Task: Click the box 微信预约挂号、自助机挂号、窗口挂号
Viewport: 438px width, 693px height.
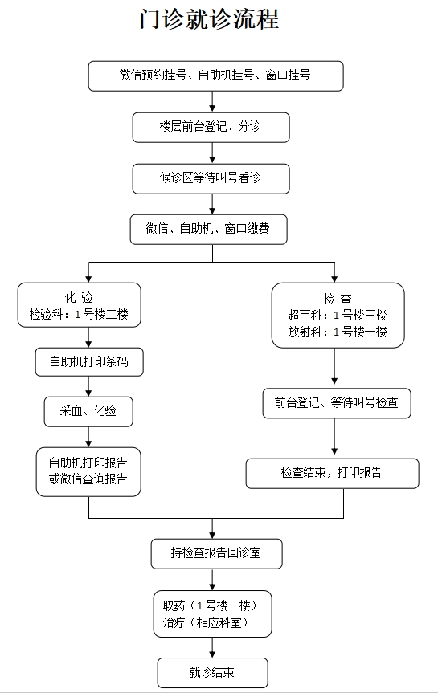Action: pos(215,75)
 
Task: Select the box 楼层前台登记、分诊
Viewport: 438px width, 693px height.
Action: pos(211,126)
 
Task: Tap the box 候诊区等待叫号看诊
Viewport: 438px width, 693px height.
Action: pos(211,177)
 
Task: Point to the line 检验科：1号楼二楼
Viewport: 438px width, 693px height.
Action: pos(79,314)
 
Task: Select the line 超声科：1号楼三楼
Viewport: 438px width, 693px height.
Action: pos(338,315)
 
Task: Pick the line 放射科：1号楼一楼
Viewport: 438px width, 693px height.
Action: pos(338,332)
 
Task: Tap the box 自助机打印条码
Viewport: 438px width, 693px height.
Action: pos(88,363)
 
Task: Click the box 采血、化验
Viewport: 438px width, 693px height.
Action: pos(88,411)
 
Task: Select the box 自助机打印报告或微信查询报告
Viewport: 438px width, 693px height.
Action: pos(88,471)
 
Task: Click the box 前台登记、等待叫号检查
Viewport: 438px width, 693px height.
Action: pos(336,403)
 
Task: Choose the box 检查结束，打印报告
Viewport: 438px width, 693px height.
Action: pos(332,473)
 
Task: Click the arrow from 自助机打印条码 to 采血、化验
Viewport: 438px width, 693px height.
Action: pos(88,386)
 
